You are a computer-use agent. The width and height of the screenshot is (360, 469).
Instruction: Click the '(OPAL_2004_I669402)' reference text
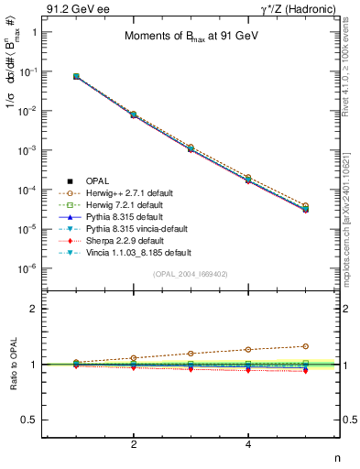coord(193,273)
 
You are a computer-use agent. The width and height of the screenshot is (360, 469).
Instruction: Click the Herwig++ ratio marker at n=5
coord(306,346)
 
